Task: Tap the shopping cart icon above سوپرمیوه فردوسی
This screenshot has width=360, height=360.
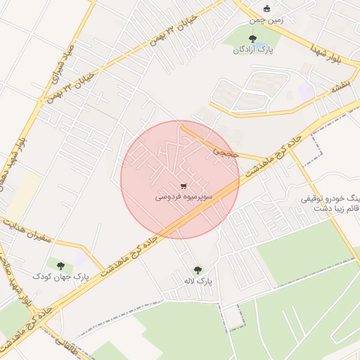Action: pyautogui.click(x=184, y=186)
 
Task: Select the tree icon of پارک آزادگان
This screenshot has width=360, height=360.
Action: pyautogui.click(x=253, y=39)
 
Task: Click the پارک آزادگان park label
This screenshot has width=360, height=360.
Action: pyautogui.click(x=252, y=51)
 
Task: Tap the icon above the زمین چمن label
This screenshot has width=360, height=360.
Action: pyautogui.click(x=266, y=8)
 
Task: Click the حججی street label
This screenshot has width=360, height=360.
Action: pyautogui.click(x=230, y=148)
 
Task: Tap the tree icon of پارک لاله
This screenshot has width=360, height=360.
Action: pyautogui.click(x=197, y=269)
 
